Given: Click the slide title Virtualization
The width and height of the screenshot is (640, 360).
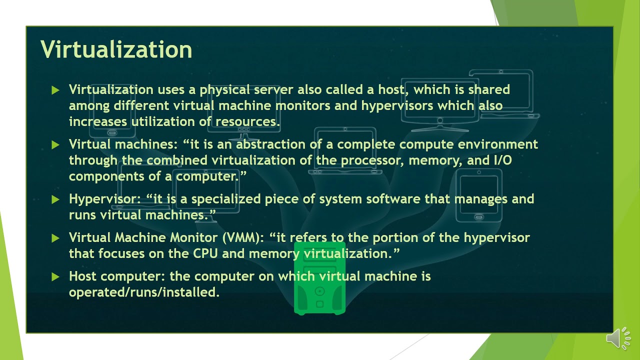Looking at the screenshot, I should click(116, 50).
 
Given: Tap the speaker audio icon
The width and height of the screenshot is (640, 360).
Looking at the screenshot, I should click(618, 338).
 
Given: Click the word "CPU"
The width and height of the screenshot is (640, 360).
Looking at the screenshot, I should click(205, 253).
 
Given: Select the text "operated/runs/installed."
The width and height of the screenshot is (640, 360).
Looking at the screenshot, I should click(144, 292).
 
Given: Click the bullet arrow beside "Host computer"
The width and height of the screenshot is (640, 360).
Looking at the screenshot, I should click(55, 276).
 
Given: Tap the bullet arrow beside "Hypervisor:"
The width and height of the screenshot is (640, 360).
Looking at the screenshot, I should click(55, 199).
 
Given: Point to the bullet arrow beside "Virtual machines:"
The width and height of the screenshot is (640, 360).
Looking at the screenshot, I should click(55, 145).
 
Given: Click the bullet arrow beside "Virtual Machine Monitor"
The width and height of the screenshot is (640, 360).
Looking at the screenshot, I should click(55, 238).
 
